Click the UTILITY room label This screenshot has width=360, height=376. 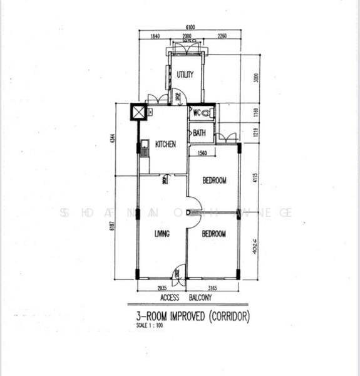point(185,75)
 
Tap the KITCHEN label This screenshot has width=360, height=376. point(166,144)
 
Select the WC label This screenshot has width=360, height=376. point(197,113)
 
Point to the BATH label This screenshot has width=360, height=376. point(199,133)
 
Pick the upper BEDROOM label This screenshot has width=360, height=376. point(215,180)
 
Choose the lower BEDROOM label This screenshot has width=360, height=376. point(213,233)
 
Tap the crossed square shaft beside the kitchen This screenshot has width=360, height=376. point(138,112)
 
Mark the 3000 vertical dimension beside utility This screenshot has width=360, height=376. point(255,78)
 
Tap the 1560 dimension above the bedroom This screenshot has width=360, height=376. point(202,154)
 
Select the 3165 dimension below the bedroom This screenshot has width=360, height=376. point(213,288)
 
